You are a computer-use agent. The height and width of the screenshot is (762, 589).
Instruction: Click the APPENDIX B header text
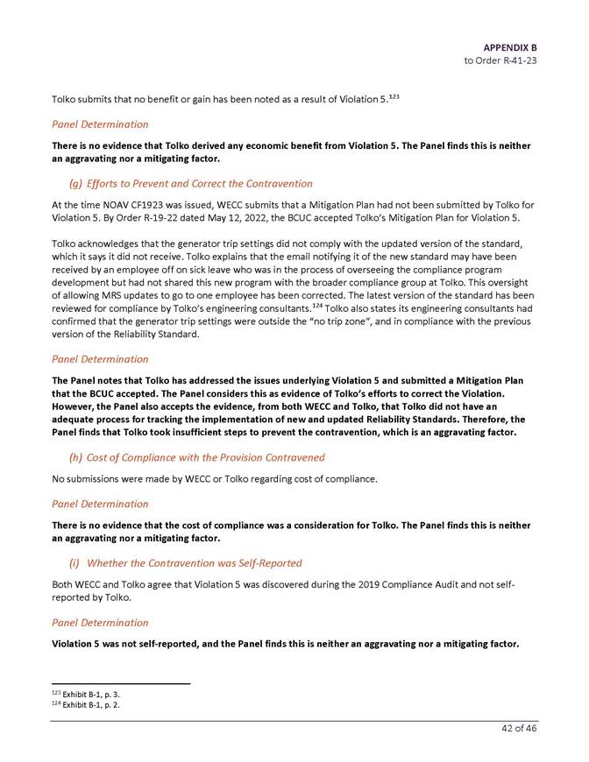pyautogui.click(x=509, y=46)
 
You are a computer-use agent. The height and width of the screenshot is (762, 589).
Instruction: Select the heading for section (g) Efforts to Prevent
pyautogui.click(x=190, y=184)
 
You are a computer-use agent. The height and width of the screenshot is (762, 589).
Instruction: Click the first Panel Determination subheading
pyautogui.click(x=100, y=124)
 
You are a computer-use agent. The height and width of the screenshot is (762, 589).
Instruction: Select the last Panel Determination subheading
pyautogui.click(x=100, y=623)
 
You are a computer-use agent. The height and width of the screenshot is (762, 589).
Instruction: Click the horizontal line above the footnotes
pyautogui.click(x=121, y=683)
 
